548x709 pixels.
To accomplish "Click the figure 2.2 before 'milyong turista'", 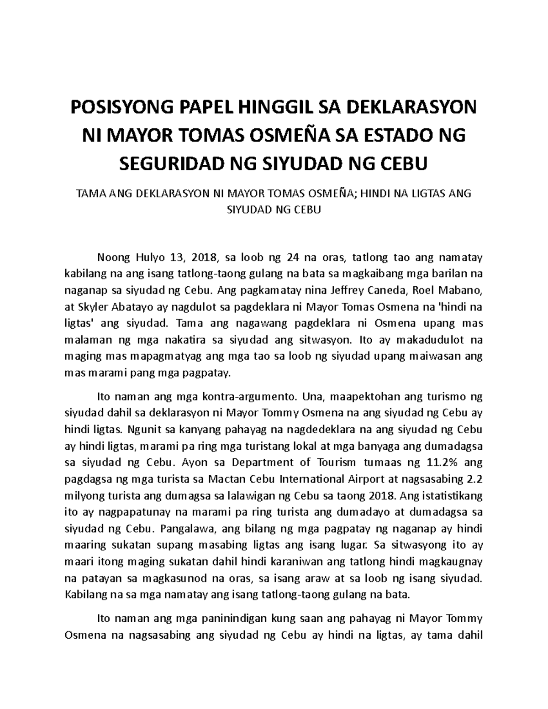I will (475, 479).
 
